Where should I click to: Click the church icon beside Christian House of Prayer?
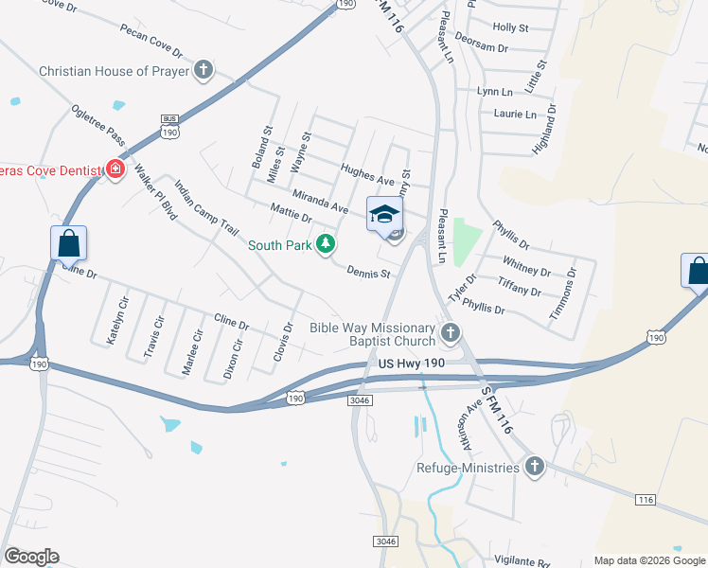click(x=204, y=70)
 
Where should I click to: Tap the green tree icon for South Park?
click(x=327, y=245)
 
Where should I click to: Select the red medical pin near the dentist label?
click(x=115, y=169)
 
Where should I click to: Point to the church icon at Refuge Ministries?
click(x=534, y=467)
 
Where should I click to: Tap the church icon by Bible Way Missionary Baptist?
click(x=451, y=332)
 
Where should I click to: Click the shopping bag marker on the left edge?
click(x=69, y=243)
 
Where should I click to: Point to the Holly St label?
click(x=510, y=28)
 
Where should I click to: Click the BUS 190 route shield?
click(x=169, y=127)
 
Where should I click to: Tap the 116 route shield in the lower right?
click(x=646, y=499)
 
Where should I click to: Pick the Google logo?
click(x=31, y=557)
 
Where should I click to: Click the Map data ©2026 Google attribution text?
click(x=649, y=560)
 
